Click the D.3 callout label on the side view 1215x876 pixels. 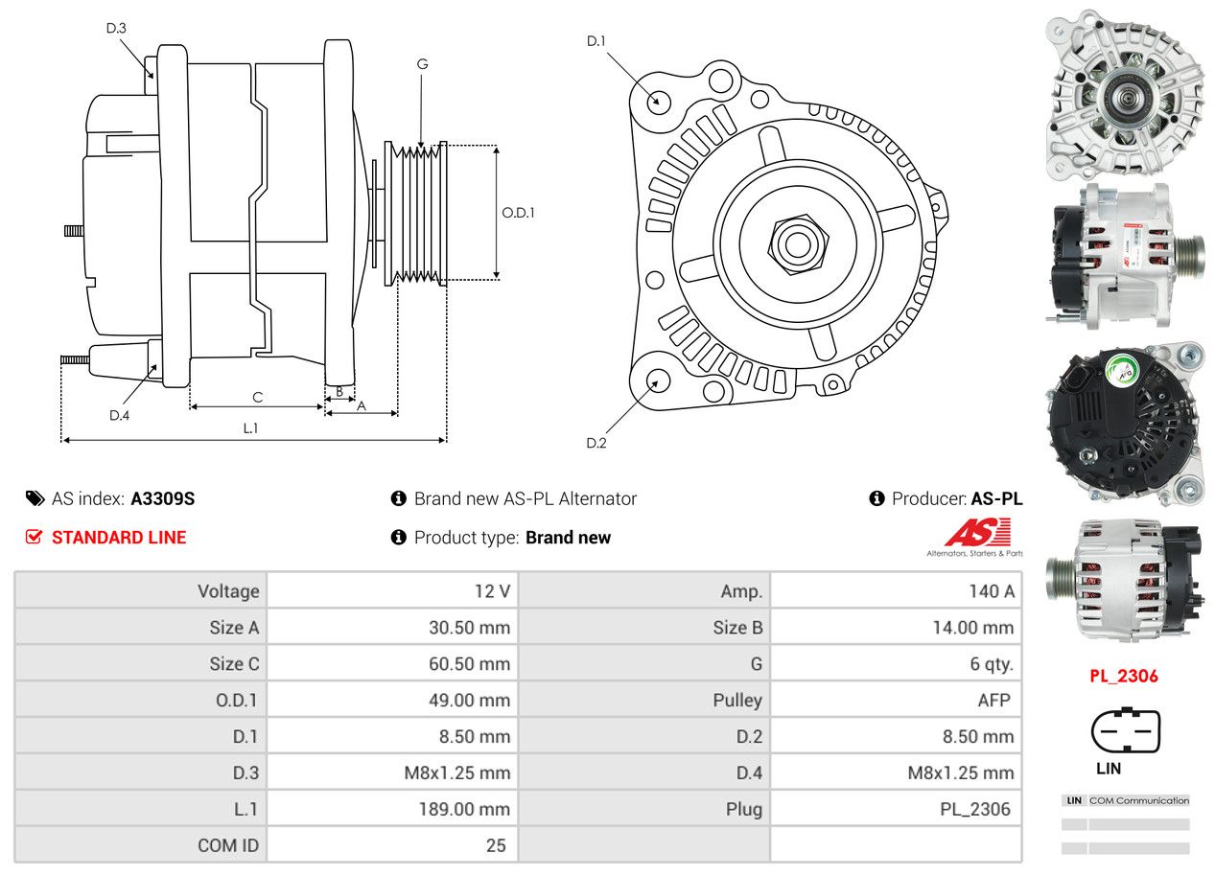(x=116, y=28)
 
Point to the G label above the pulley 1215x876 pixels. (x=422, y=64)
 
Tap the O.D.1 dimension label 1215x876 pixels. (x=518, y=213)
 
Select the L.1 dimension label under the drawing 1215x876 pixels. (x=250, y=428)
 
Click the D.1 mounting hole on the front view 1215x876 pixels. (x=658, y=101)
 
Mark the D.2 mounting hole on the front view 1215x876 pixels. (x=657, y=380)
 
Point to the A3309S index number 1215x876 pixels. (x=163, y=498)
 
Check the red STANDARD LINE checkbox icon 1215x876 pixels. (x=34, y=538)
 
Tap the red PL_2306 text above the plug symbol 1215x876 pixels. (x=1123, y=676)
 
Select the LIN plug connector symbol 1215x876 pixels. (x=1125, y=732)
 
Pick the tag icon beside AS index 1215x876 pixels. (x=35, y=498)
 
